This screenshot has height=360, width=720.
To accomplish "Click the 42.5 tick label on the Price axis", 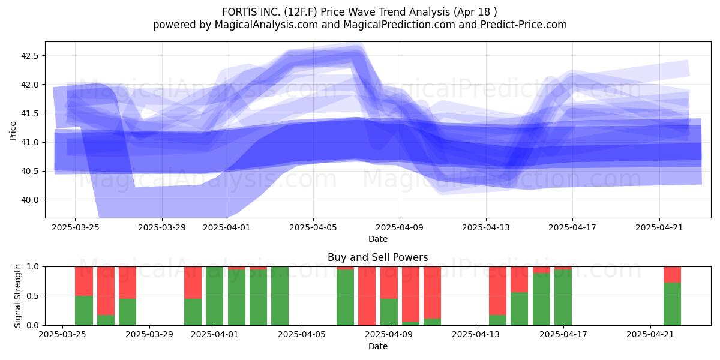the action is (x=29, y=56).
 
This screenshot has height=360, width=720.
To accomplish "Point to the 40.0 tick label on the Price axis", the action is (x=29, y=200).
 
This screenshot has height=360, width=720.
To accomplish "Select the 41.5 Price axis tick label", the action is (x=29, y=113).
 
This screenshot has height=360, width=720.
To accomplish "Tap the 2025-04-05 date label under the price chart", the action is (x=313, y=227).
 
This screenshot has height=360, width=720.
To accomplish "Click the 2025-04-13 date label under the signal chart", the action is (x=476, y=335).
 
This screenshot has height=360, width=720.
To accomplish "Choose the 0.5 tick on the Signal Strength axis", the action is (x=33, y=296).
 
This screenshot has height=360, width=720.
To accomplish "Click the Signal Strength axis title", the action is (x=17, y=296).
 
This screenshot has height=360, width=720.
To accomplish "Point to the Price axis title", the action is (x=13, y=131).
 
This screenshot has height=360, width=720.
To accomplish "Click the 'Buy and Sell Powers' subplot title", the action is (x=377, y=257).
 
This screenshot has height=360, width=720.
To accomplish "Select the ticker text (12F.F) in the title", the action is (x=301, y=12).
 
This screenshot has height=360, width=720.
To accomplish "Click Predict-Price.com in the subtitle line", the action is (x=524, y=25).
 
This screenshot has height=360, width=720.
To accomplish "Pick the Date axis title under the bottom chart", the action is (x=377, y=346).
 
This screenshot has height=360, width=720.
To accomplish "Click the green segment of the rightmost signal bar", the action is (x=672, y=304).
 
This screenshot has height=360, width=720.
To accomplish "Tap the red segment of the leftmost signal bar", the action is (x=84, y=281).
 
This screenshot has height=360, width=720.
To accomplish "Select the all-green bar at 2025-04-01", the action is (x=214, y=296).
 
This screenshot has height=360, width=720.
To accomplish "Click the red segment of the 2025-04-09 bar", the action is (x=389, y=283).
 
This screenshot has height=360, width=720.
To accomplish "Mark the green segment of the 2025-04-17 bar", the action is (x=563, y=298).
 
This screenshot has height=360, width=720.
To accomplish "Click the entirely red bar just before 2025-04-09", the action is (x=367, y=296).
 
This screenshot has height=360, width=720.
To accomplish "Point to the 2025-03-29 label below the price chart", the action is (x=161, y=227).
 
